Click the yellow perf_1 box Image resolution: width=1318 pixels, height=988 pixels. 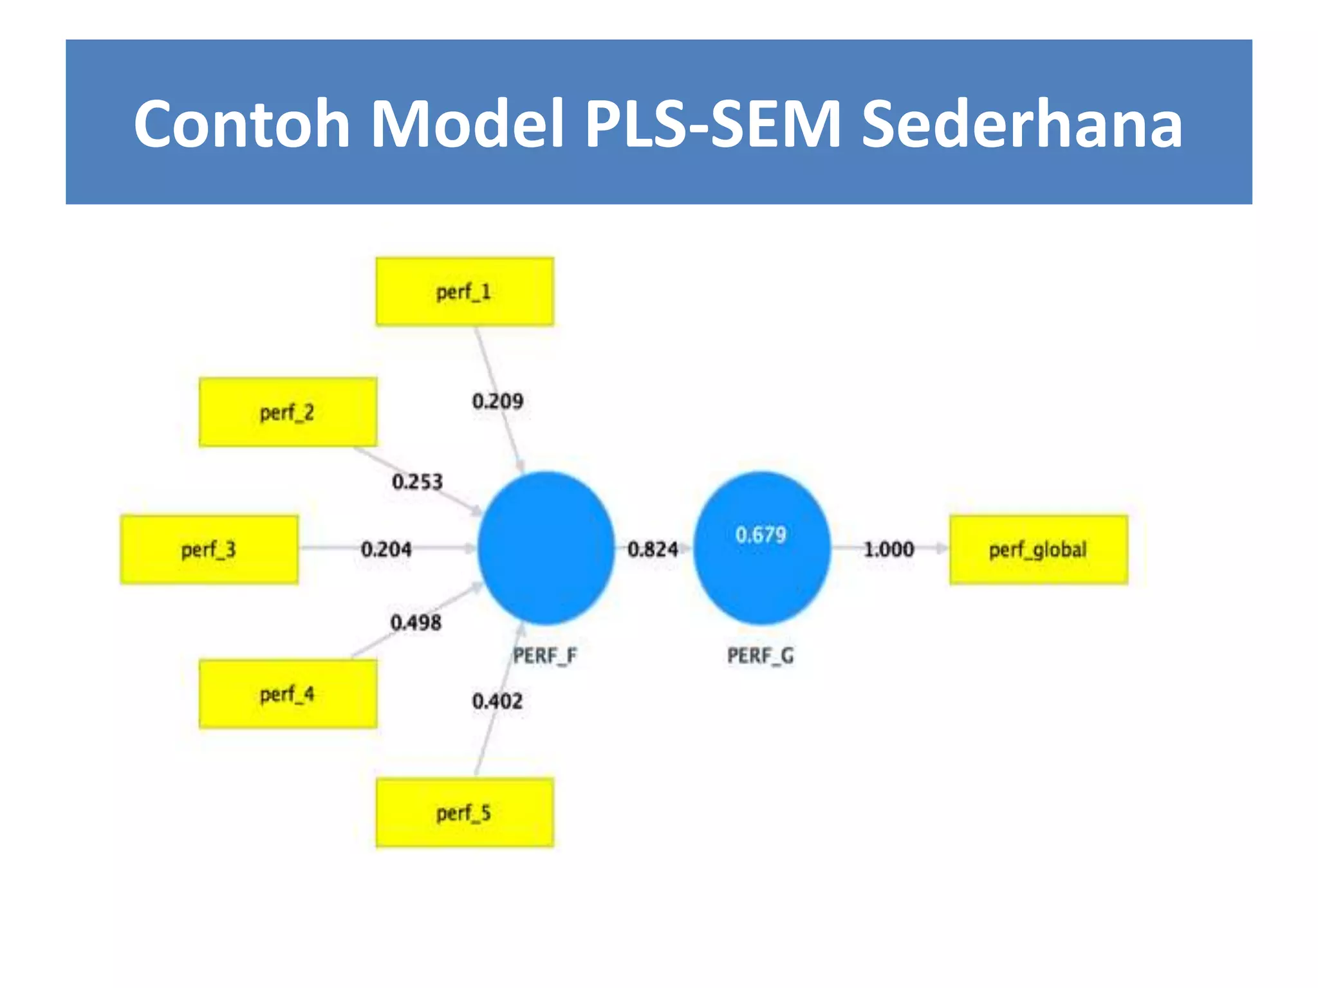coord(464,292)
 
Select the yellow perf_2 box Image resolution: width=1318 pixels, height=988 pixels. coord(288,412)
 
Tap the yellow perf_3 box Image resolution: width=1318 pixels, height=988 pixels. coord(209,550)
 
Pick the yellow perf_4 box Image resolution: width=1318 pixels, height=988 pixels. coord(288,694)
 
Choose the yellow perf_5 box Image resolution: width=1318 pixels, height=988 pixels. coord(464,813)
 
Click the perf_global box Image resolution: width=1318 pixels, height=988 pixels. coord(1038,550)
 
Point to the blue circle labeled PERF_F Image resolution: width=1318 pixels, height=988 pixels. coord(546,548)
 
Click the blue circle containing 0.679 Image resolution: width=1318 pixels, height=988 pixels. coord(761,548)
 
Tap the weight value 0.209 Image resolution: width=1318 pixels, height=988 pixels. coord(497,401)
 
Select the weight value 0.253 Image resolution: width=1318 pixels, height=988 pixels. coord(417,482)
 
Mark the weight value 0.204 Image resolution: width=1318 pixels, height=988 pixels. coord(386,549)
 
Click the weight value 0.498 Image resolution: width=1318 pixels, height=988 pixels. coord(416,623)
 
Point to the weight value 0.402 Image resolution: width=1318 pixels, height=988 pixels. coord(497,701)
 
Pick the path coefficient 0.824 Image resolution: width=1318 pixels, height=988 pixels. coord(653,549)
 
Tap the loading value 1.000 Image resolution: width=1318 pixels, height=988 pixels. coord(888,549)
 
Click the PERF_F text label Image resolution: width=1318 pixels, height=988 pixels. coord(544,656)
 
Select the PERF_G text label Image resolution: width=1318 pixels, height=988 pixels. coord(760,656)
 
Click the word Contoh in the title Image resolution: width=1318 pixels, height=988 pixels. coord(242,123)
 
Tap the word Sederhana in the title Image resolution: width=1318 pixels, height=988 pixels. coord(1021,123)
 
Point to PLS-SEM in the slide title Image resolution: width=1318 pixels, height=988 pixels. coord(712,123)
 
